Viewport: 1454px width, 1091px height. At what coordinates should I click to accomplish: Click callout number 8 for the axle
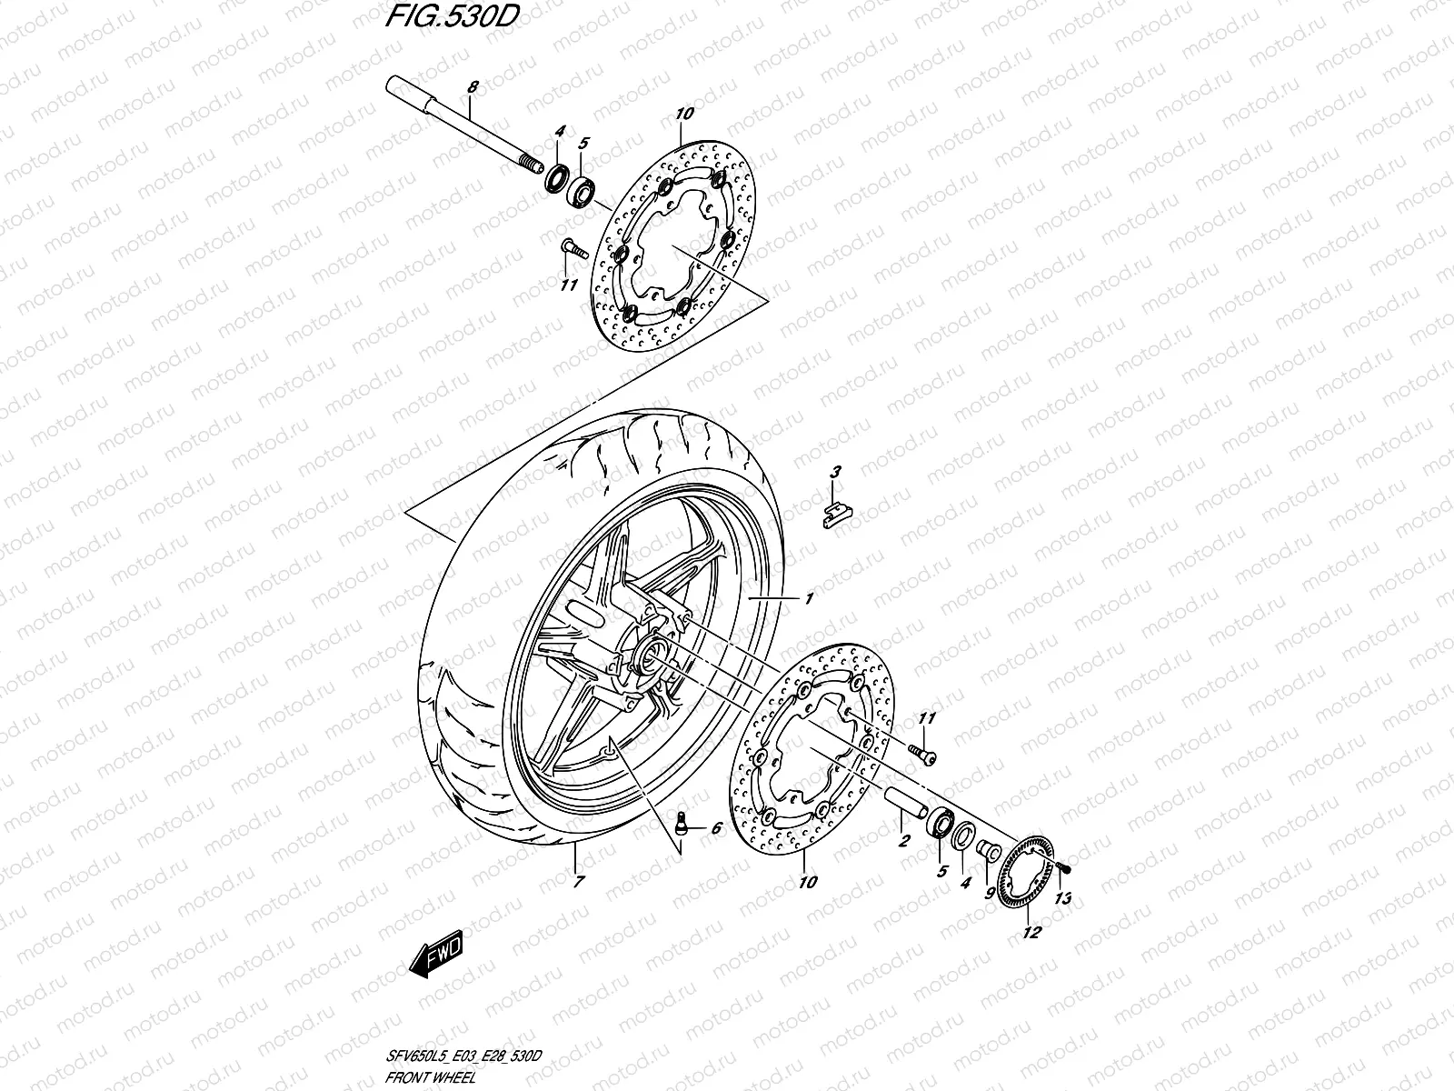click(473, 87)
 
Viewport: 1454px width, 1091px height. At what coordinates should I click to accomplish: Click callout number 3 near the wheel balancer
click(835, 471)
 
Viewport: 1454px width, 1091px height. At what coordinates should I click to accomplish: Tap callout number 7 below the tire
click(579, 882)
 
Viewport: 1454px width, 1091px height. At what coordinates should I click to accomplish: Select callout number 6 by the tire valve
click(716, 828)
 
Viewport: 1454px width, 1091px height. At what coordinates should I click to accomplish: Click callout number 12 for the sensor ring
click(1031, 932)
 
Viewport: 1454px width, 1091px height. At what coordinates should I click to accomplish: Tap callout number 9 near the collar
click(989, 892)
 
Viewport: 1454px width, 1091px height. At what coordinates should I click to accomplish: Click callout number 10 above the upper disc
click(684, 114)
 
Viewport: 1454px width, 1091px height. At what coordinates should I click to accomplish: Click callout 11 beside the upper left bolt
click(568, 285)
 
